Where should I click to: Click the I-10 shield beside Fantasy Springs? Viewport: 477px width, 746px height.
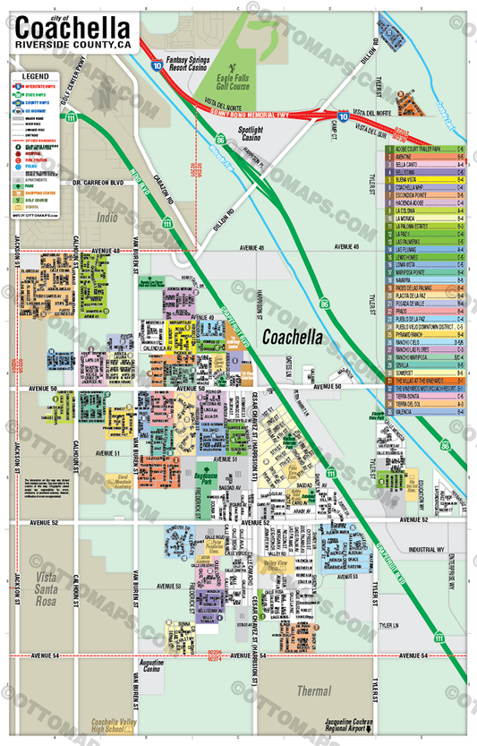click(158, 64)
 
